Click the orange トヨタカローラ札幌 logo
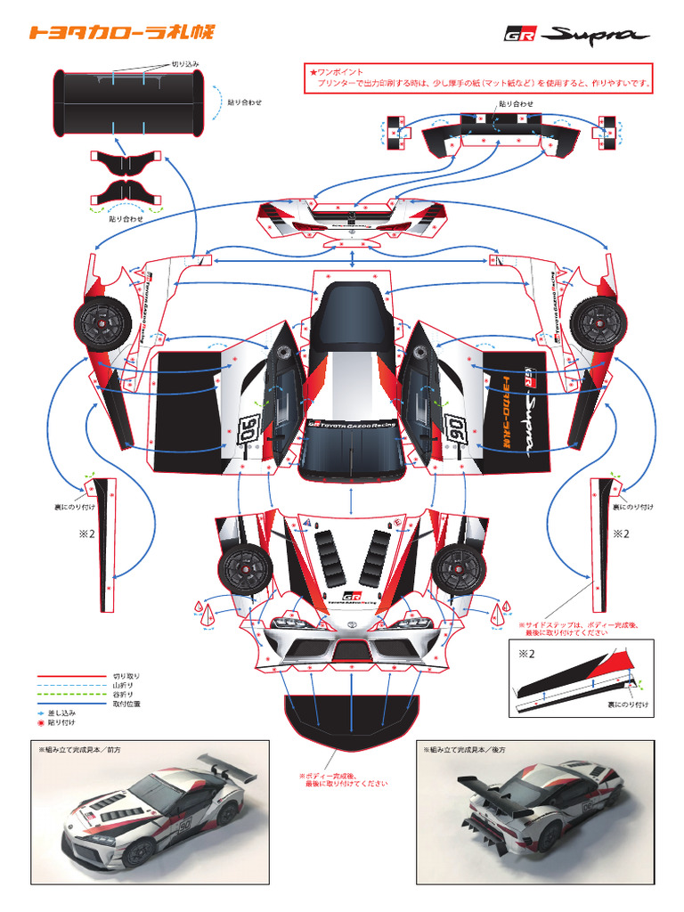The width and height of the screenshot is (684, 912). coord(121,33)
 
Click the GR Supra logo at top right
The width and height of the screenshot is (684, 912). coord(576,36)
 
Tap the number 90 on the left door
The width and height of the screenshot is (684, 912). coord(248,428)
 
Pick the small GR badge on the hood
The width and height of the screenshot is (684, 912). coord(351,597)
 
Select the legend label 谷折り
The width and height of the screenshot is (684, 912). coord(123,694)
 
